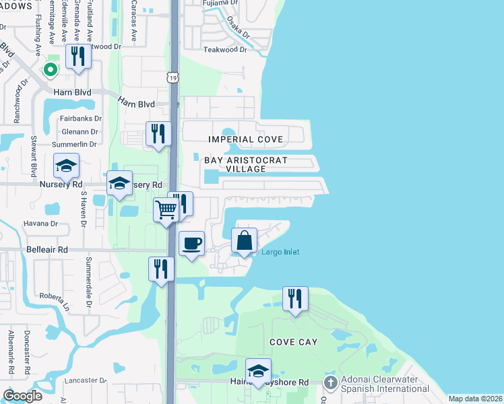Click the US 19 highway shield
coord(174,79)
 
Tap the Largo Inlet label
coord(280,252)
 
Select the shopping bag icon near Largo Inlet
coord(244,240)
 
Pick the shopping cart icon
coord(166,210)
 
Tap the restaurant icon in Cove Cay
coord(295,298)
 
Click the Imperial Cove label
coord(245,139)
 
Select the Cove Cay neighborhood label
coord(293,342)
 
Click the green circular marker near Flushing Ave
coord(49,69)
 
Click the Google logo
coord(23,396)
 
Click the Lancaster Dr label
coord(86,380)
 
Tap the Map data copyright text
coord(475,399)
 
